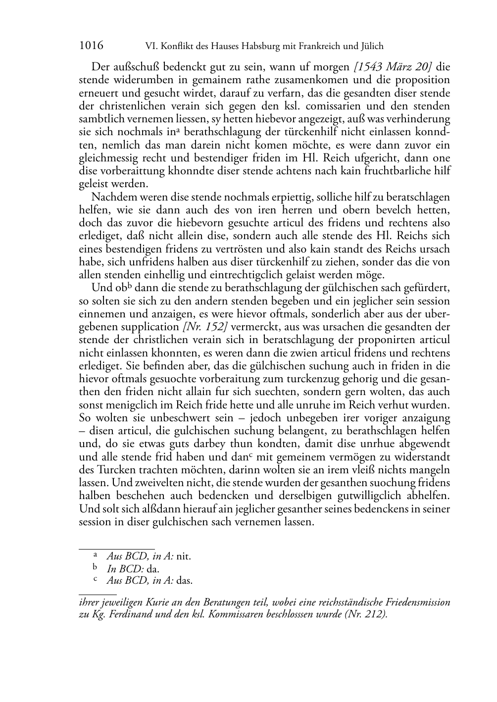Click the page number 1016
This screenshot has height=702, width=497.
coord(91,46)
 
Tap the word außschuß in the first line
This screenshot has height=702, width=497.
coord(136,67)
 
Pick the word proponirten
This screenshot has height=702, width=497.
coord(381,340)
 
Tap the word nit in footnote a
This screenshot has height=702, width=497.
coord(184,556)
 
